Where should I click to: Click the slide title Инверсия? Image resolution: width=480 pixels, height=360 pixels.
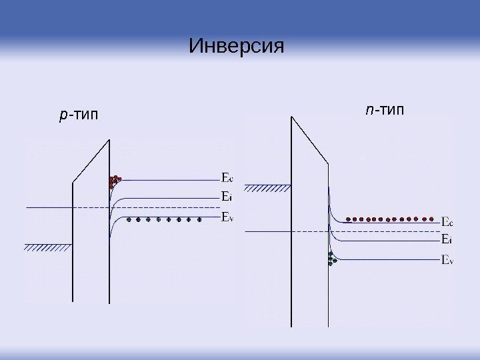237,47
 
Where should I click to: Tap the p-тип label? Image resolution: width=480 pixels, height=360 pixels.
77,116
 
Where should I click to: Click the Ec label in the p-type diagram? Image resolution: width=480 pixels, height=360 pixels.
227,178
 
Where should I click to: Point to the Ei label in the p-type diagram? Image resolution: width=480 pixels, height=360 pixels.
226,197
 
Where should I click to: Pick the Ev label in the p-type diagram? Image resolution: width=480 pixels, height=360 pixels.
227,216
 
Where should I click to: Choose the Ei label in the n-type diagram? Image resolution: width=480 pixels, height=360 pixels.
447,239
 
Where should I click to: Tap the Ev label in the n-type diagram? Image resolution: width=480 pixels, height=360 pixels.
448,260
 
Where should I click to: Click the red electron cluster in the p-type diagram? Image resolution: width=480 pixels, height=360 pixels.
115,181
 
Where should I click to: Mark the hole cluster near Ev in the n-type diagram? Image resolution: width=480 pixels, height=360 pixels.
331,258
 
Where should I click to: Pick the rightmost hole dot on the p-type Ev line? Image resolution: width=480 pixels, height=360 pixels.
199,219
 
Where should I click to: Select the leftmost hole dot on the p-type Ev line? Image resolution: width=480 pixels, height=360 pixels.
129,219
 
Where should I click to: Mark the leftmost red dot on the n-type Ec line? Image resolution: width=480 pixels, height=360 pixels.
349,218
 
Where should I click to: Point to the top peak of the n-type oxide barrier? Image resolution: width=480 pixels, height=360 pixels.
291,117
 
